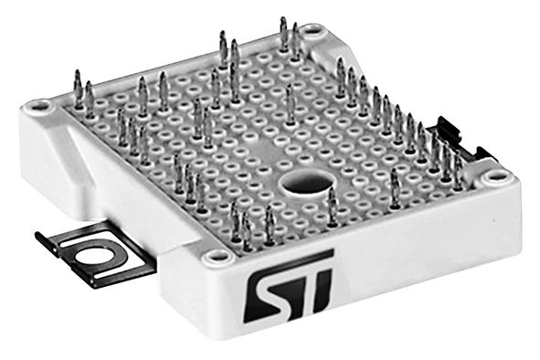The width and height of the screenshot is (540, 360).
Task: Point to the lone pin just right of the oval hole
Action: (332, 205)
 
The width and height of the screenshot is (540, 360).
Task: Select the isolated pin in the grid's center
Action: (291, 103)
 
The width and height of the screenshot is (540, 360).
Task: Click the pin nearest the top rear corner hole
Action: (295, 42)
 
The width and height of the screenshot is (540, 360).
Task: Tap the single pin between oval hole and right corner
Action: (395, 186)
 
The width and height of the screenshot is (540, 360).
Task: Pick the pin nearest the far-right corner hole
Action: (457, 168)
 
